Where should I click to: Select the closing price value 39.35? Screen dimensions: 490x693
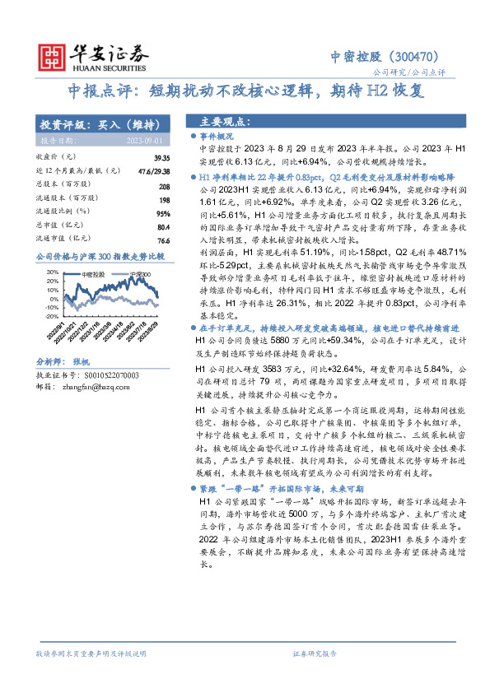tap(161, 156)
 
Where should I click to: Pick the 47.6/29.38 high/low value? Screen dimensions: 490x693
tap(153, 170)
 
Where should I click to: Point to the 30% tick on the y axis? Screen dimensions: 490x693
tap(52, 272)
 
